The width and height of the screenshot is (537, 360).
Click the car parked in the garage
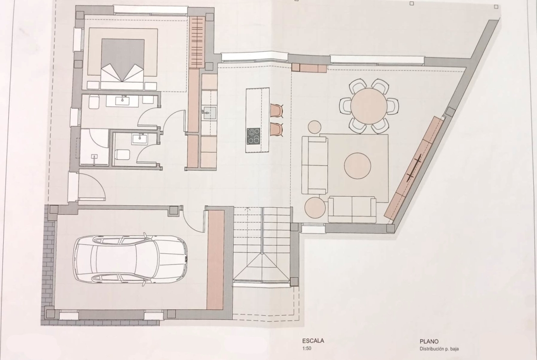[x=130, y=259]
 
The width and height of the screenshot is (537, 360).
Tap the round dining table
[x=369, y=106]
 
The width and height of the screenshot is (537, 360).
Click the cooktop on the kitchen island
[x=253, y=136]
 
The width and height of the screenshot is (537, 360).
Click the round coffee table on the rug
[x=358, y=166]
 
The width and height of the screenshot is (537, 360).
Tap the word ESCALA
[x=313, y=341]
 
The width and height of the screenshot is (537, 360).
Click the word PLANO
[x=429, y=342]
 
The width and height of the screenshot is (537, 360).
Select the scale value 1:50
[x=307, y=349]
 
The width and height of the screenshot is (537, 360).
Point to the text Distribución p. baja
[x=439, y=349]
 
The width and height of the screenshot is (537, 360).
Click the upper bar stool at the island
[x=277, y=111]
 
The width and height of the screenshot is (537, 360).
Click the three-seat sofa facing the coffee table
[x=314, y=165]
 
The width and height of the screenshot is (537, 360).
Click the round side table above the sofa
[x=314, y=127]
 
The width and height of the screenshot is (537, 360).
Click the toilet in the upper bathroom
[x=94, y=102]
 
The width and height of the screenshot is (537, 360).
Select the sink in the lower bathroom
[x=140, y=138]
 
